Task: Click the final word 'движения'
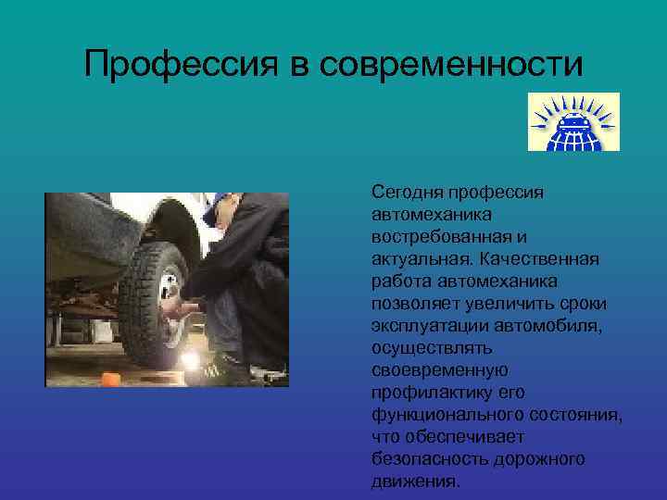click(413, 481)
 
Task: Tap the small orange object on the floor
click(111, 378)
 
